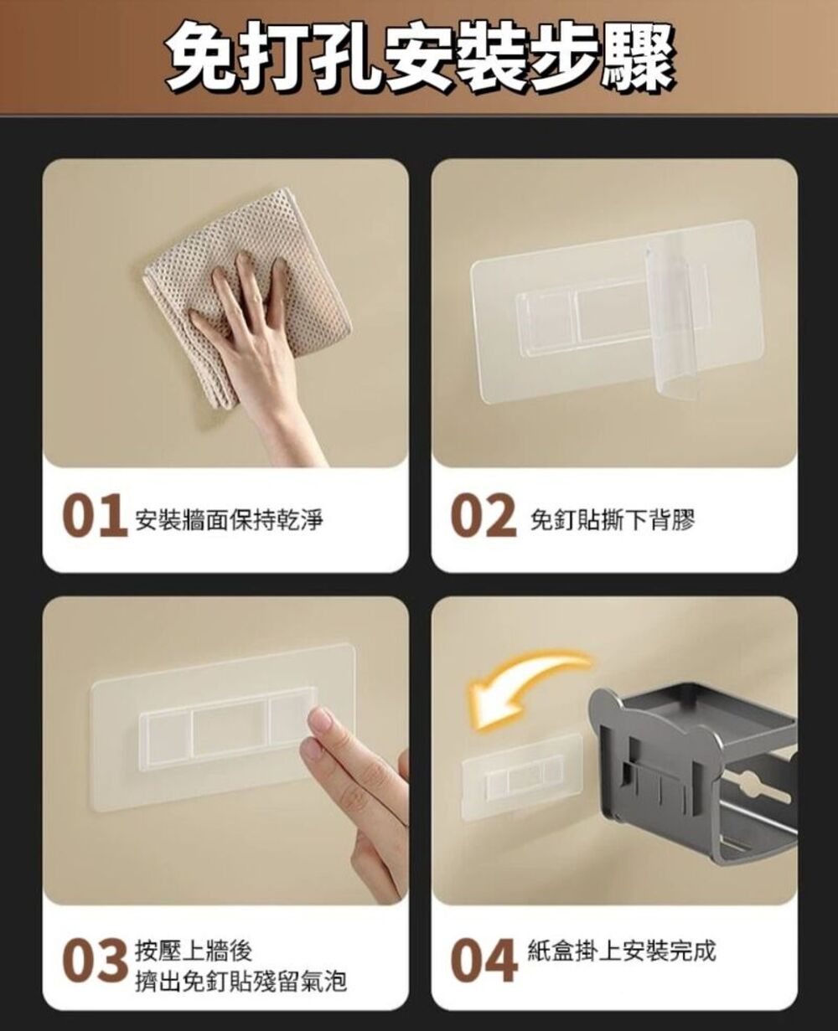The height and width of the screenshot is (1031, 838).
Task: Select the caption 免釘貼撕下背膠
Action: tap(613, 521)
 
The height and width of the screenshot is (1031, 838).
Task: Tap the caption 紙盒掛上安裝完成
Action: tap(622, 951)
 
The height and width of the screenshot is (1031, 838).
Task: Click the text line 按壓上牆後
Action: tap(194, 951)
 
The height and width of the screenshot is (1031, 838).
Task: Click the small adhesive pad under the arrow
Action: tap(520, 775)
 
